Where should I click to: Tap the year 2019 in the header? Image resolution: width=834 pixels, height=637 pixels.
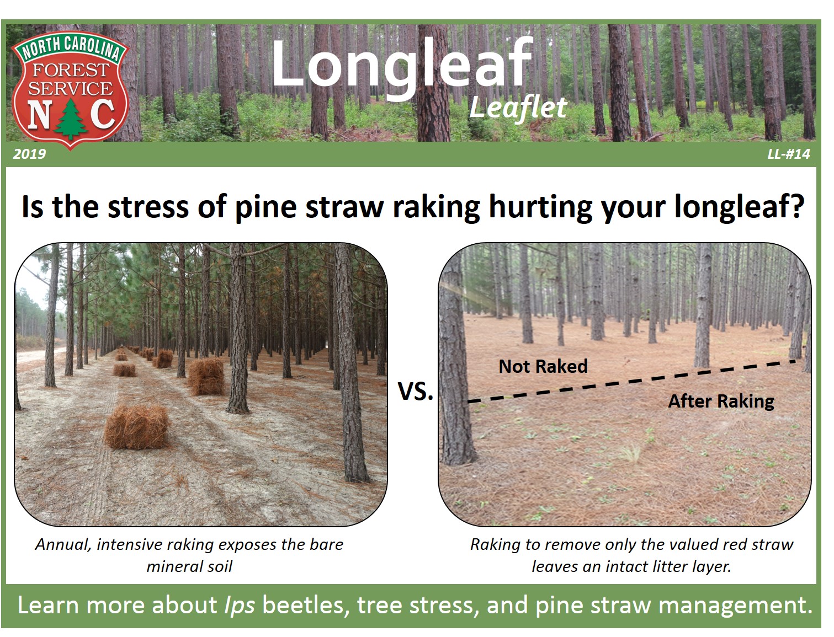click(x=29, y=154)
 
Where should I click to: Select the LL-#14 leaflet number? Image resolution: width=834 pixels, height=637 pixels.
click(x=788, y=154)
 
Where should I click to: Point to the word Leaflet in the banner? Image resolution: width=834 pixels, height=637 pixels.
click(x=518, y=108)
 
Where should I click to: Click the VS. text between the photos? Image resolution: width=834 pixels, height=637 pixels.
click(x=415, y=391)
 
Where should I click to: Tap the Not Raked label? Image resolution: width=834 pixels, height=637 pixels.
click(x=543, y=366)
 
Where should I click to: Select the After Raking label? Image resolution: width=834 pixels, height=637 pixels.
click(x=721, y=402)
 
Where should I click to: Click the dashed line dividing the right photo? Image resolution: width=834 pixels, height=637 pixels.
click(x=632, y=381)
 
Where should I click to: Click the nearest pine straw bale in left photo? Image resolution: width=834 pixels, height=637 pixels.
click(x=136, y=426)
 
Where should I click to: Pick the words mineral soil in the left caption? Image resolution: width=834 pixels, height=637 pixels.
click(x=189, y=566)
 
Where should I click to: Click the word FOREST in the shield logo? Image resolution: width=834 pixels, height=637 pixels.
click(x=71, y=70)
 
